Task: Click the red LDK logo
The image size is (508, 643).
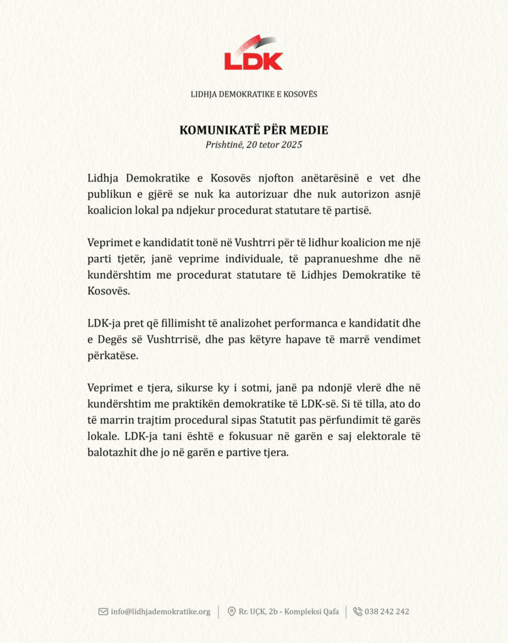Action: coord(253,53)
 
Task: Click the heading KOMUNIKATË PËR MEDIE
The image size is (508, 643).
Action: coord(254,131)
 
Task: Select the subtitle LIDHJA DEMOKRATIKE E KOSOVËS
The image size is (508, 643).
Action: coord(254,94)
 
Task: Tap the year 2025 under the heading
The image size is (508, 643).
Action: coord(292,145)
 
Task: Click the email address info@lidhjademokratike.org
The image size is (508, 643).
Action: coord(161,612)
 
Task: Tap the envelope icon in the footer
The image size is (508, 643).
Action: coord(103,612)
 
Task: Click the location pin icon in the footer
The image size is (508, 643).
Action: coord(232,612)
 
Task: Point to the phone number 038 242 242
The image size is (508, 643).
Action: coord(387,612)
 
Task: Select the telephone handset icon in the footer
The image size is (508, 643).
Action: coord(358,612)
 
